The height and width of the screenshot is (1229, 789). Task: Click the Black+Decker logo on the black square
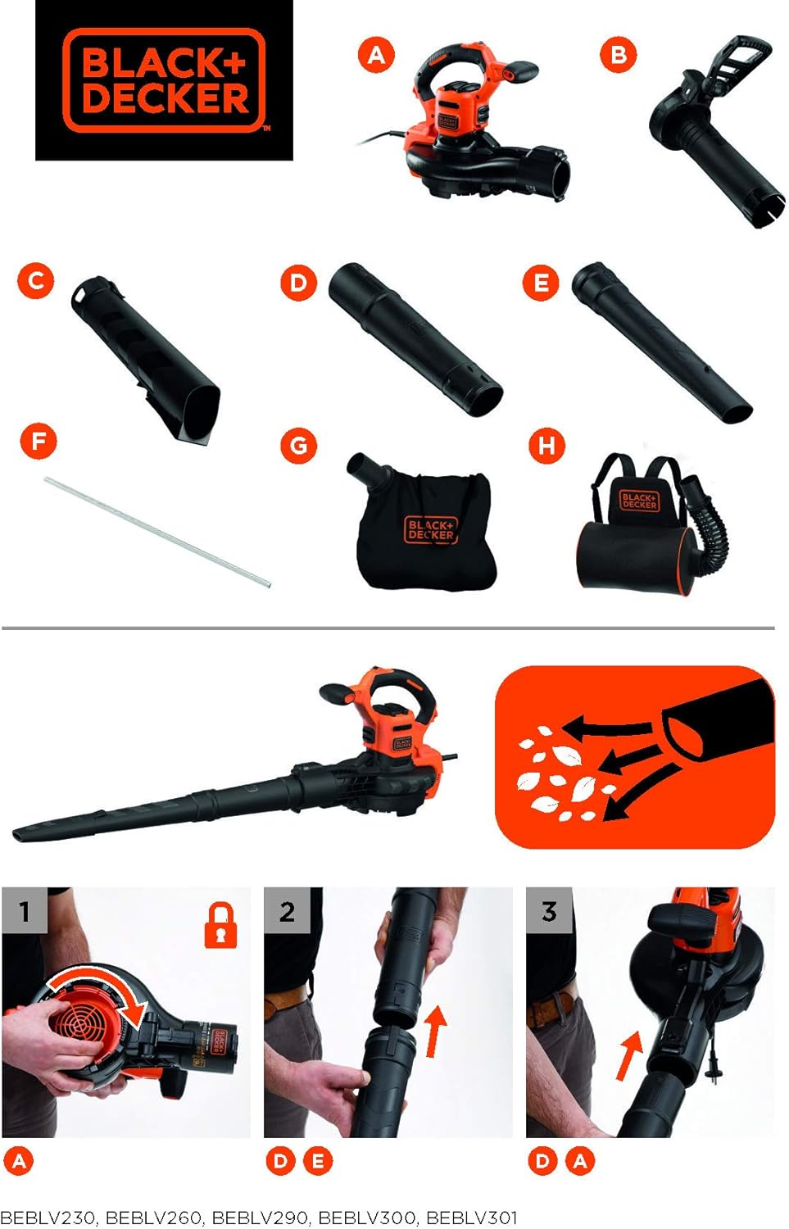click(164, 80)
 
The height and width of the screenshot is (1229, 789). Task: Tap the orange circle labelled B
click(619, 55)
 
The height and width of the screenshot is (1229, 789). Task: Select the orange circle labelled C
click(36, 281)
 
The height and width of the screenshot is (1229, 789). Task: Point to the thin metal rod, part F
click(156, 532)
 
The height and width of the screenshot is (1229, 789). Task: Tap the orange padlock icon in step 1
click(220, 926)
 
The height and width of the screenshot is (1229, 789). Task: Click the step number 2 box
click(287, 910)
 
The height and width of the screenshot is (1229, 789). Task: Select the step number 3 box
click(549, 910)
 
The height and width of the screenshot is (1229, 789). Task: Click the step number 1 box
click(25, 910)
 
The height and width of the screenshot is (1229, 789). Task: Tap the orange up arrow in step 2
click(435, 1031)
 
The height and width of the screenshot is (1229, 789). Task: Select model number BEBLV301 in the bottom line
click(471, 1218)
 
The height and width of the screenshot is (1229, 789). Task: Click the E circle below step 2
click(318, 1161)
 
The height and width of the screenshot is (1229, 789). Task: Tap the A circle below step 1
click(20, 1161)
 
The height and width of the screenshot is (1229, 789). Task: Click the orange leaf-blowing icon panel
click(634, 756)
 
